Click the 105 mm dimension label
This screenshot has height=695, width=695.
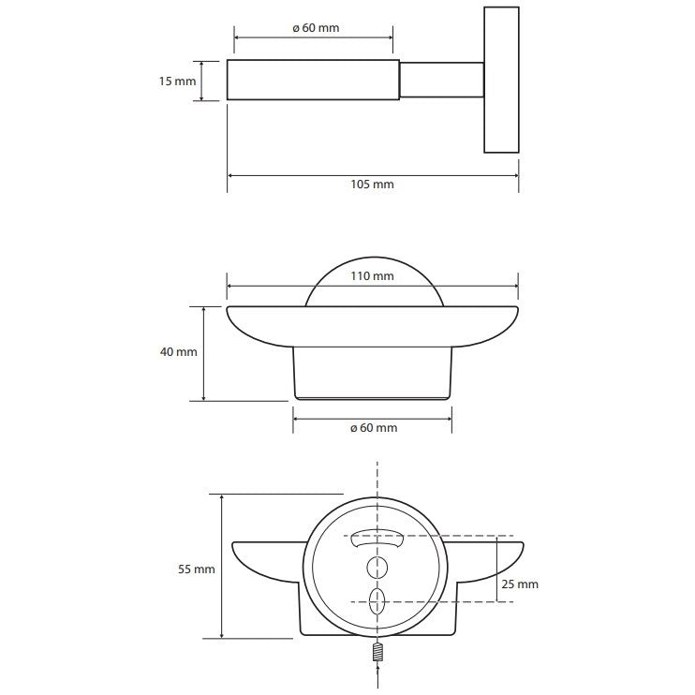click(x=372, y=185)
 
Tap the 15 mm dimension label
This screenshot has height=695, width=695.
click(x=177, y=81)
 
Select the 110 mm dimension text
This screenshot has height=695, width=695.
click(x=372, y=276)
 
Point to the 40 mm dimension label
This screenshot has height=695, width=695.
click(x=179, y=352)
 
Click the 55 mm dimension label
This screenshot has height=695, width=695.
click(x=197, y=569)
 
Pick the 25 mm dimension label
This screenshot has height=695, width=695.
click(x=520, y=584)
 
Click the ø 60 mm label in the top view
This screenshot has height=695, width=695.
click(x=316, y=28)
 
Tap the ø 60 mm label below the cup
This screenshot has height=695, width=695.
click(x=374, y=428)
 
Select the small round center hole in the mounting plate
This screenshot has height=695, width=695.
click(x=377, y=568)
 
